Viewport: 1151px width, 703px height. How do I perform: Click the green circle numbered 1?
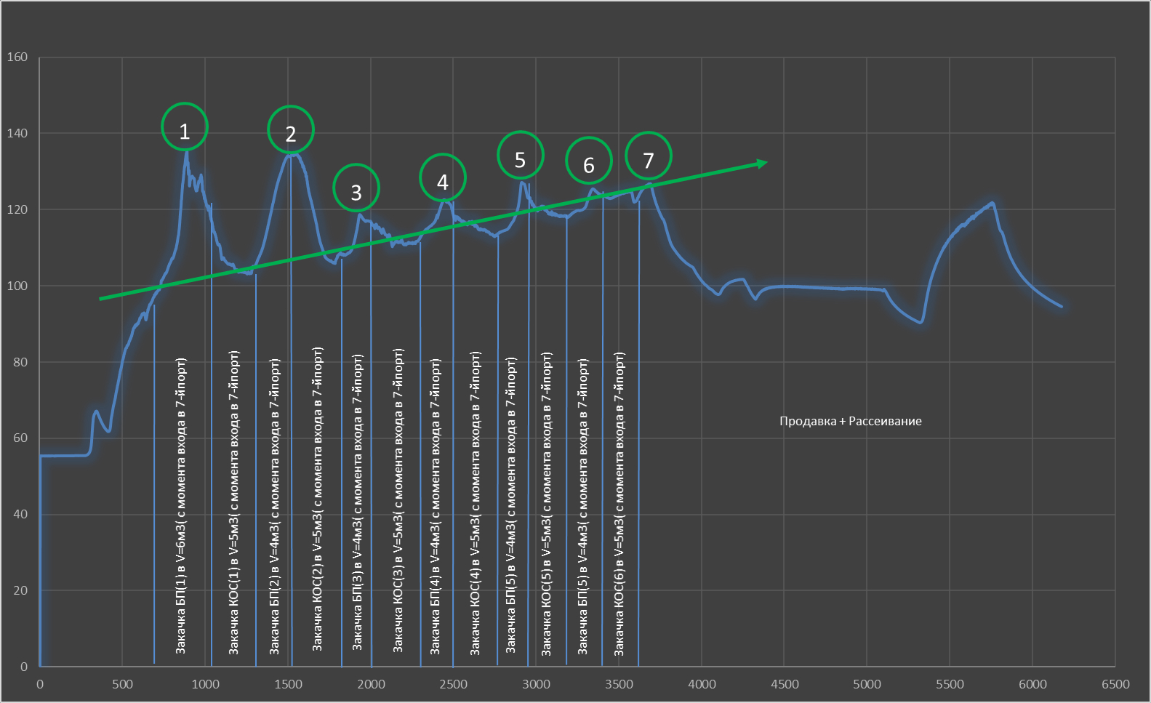(x=185, y=126)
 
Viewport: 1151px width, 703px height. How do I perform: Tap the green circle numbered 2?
(x=291, y=129)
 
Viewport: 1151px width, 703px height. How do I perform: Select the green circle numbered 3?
(x=356, y=188)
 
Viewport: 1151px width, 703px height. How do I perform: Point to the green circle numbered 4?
(x=443, y=177)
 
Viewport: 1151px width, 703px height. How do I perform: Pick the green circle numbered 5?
(x=520, y=155)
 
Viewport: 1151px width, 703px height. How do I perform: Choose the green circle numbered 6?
(x=589, y=161)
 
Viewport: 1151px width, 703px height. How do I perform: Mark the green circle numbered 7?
(x=649, y=156)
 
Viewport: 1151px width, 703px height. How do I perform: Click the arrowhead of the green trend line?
(x=763, y=163)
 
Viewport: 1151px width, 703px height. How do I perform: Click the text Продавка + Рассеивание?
(x=850, y=422)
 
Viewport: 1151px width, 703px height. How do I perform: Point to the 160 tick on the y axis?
(x=17, y=57)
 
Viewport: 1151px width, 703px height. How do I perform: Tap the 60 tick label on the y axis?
(x=20, y=438)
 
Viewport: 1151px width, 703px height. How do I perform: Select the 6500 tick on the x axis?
(x=1115, y=684)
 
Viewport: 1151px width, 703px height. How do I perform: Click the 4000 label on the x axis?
(x=702, y=684)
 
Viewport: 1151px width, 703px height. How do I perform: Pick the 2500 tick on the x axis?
(x=453, y=684)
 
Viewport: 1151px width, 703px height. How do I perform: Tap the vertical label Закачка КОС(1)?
(x=234, y=503)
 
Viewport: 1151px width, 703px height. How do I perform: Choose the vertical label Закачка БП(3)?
(x=357, y=502)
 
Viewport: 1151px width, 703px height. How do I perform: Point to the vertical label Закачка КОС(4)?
(x=476, y=503)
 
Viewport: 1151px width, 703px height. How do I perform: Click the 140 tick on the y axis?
(x=17, y=133)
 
